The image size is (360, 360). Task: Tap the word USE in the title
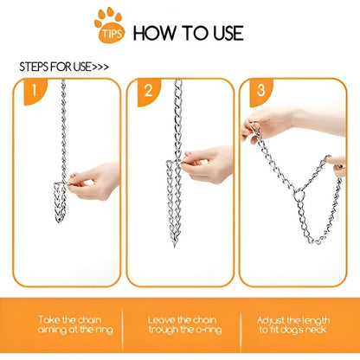tap(222, 33)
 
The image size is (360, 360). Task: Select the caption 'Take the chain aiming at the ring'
tap(65, 325)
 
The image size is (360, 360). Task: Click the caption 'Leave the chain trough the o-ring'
tap(179, 325)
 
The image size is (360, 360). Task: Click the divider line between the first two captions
tap(122, 325)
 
